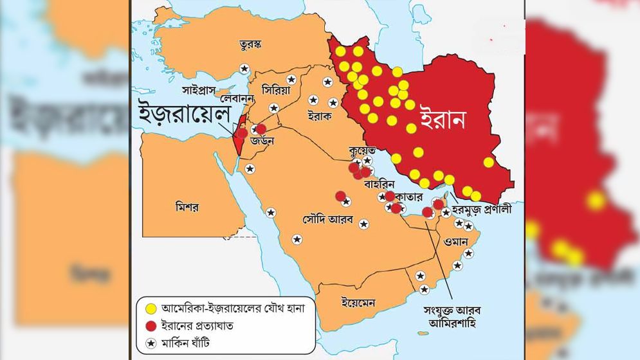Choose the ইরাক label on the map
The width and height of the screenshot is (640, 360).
(320, 117)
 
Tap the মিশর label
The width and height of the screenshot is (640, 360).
(187, 208)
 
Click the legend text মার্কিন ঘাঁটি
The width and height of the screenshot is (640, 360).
(187, 343)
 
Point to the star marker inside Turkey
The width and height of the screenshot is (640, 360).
(244, 68)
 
